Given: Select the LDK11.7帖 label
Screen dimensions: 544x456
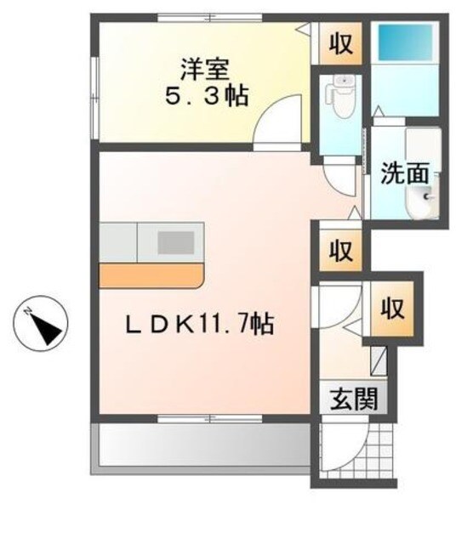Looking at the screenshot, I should [x=200, y=323].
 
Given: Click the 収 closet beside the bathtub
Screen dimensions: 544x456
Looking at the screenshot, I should [x=341, y=44].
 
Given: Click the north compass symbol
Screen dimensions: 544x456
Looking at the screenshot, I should [x=42, y=324].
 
